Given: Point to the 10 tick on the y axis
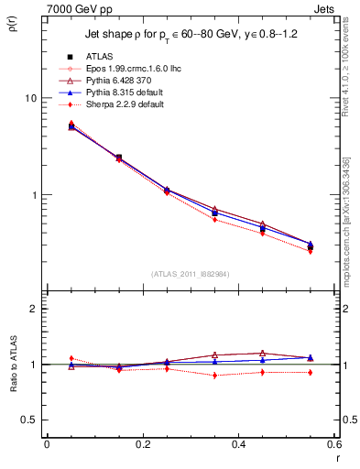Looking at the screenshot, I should [x=29, y=98].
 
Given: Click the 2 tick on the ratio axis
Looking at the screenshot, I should [x=32, y=309].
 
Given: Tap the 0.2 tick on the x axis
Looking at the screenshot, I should [x=142, y=446].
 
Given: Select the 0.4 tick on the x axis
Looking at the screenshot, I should [x=238, y=446].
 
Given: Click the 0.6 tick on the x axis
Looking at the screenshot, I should [x=333, y=446].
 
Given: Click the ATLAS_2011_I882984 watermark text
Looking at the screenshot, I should [x=190, y=273].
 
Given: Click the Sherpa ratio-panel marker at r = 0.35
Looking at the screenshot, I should [x=214, y=376].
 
